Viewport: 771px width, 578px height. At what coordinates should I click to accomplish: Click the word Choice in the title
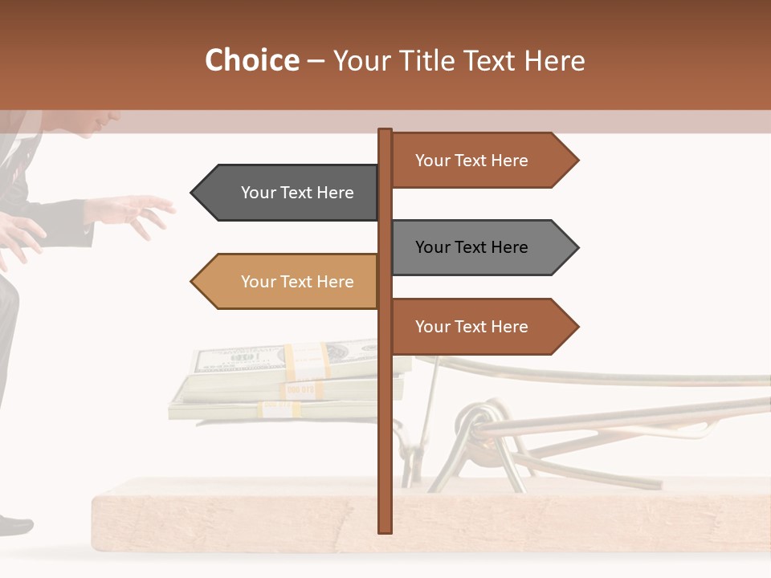click(x=251, y=61)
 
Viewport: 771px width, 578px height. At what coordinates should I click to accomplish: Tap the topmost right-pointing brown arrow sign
click(x=482, y=161)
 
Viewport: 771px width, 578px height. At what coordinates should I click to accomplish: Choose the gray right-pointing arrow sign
click(x=482, y=247)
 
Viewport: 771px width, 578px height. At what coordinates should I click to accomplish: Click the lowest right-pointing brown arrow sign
click(x=482, y=327)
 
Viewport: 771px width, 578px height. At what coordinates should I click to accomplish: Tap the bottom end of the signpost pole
click(x=385, y=529)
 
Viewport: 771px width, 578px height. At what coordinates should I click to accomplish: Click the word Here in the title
click(x=554, y=61)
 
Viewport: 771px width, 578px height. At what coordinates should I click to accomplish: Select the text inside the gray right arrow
click(x=471, y=247)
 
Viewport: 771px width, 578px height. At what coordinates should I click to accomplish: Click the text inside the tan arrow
click(x=297, y=282)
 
